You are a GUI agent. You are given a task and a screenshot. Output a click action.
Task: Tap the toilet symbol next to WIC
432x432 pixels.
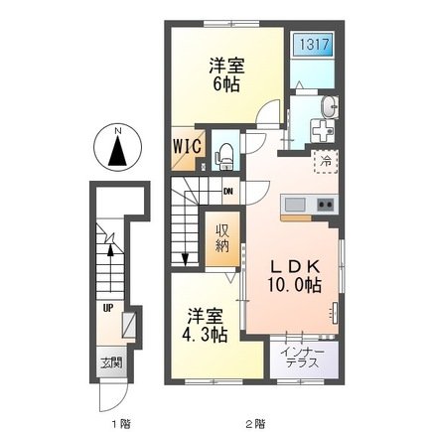[224, 151]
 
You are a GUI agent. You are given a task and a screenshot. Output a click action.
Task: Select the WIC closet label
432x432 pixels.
[190, 145]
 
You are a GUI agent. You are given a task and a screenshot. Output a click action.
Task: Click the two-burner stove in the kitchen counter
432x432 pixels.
[326, 205]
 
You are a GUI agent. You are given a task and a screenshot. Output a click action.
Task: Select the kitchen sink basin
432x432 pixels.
[295, 205]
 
